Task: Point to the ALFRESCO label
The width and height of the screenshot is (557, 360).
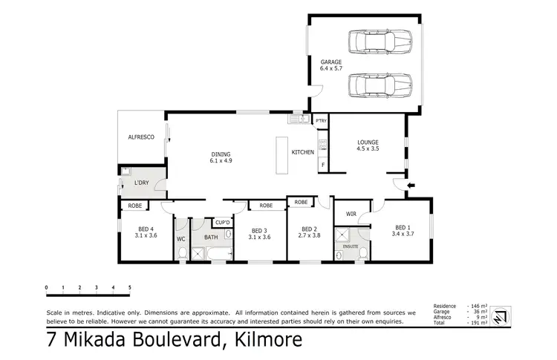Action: point(140,137)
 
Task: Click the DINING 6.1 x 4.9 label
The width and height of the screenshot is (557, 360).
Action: point(221,156)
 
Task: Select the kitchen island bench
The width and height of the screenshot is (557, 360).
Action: point(281,154)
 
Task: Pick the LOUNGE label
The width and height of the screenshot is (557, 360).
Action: point(368,144)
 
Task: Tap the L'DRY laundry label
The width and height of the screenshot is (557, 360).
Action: point(142,183)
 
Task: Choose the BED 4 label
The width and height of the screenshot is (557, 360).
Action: point(146,232)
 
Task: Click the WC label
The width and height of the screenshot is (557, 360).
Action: point(180,239)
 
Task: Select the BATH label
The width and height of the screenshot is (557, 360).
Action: point(211,238)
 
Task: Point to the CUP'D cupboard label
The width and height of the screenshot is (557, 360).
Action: point(222,222)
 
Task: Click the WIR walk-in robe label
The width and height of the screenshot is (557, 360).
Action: point(351,214)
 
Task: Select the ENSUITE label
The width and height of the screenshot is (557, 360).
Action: point(351,246)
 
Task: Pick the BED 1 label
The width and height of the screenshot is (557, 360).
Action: point(401,231)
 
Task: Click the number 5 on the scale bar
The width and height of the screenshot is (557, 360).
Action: point(130,287)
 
